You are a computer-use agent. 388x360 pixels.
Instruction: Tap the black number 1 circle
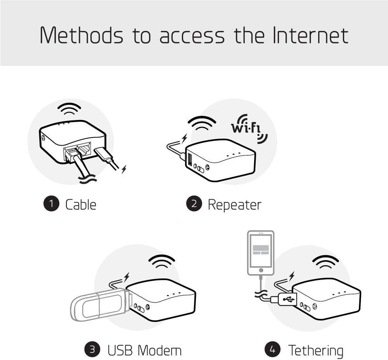click(x=51, y=204)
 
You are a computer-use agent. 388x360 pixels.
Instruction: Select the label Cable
click(x=81, y=204)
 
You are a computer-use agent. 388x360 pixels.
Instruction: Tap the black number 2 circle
click(x=194, y=204)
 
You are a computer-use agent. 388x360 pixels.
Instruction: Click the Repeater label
click(x=234, y=204)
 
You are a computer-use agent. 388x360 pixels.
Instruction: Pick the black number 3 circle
click(x=92, y=350)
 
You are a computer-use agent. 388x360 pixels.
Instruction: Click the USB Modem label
click(x=144, y=350)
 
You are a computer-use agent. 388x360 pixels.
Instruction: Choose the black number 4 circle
click(x=272, y=350)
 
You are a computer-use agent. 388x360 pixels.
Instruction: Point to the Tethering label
click(x=315, y=350)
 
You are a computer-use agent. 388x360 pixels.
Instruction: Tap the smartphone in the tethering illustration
click(x=261, y=252)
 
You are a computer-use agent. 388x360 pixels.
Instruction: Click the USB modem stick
click(x=99, y=304)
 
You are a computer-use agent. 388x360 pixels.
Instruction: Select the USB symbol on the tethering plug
click(x=288, y=299)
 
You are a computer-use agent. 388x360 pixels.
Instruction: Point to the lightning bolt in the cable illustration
click(x=124, y=169)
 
